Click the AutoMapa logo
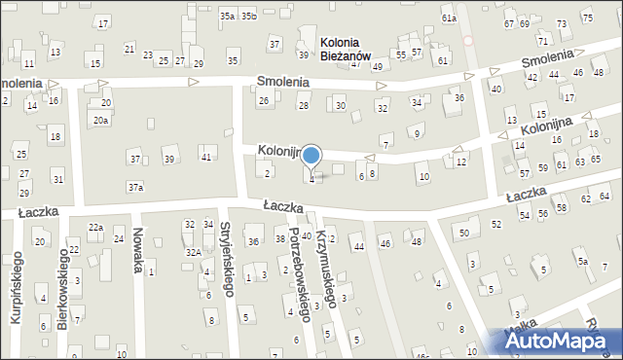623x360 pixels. pos(560,342)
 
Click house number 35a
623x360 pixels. pos(227,16)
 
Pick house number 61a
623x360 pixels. pos(448,18)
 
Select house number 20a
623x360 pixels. pos(100,120)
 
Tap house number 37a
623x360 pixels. pos(135,186)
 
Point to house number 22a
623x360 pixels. pos(95,227)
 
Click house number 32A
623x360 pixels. pos(194,252)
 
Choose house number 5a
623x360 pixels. pos(582,261)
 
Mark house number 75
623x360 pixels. pos(587,18)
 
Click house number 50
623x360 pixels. pos(464,233)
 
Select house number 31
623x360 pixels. pos(58,179)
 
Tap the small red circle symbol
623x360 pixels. pos(468,41)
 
